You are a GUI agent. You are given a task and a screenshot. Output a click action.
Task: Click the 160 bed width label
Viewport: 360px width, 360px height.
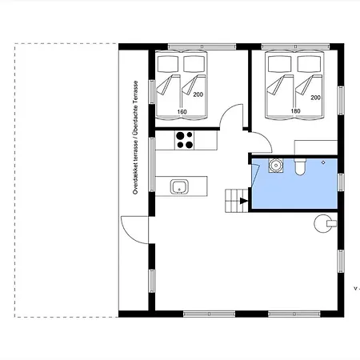(182, 112)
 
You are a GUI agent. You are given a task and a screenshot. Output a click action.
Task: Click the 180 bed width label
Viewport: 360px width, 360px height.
(295, 111)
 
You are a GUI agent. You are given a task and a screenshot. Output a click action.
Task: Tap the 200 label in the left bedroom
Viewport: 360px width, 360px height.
(198, 94)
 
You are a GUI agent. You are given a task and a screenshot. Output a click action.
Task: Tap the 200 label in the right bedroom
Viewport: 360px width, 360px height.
(315, 98)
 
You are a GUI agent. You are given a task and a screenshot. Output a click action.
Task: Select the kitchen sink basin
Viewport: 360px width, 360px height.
(179, 186)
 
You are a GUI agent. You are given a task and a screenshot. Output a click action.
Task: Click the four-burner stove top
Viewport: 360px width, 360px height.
(185, 140)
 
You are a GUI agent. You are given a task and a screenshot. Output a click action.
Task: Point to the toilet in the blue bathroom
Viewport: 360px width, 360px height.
(300, 166)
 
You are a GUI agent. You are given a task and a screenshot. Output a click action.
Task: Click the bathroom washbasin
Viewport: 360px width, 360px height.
(276, 166)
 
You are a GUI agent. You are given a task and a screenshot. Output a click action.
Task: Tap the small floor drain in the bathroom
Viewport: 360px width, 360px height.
(323, 162)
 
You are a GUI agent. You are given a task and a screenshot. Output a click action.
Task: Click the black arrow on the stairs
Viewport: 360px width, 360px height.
(244, 201)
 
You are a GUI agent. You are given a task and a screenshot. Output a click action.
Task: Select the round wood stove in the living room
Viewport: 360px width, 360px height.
(324, 223)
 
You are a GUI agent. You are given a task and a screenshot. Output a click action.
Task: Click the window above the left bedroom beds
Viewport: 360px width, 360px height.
(202, 46)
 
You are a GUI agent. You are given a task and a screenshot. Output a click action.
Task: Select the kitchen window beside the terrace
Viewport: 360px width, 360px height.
(152, 164)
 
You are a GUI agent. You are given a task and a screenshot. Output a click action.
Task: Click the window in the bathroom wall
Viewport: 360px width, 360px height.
(341, 182)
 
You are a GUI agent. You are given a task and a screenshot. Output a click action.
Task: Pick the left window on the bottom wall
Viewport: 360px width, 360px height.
(210, 314)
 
